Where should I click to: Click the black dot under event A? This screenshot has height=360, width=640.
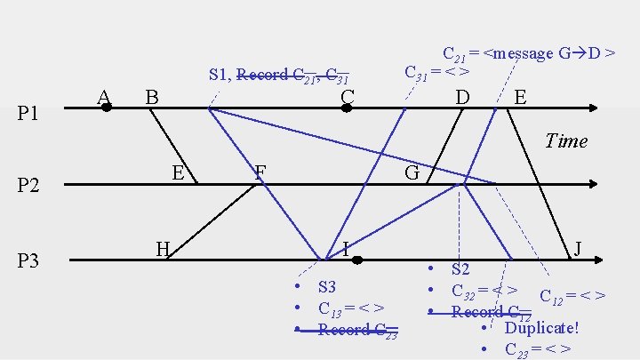click(x=106, y=108)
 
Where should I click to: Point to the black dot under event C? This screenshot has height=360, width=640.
click(x=347, y=108)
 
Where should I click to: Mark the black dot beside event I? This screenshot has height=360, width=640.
click(x=356, y=260)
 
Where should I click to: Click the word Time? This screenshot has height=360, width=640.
click(x=566, y=140)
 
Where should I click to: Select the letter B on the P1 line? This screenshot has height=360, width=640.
click(x=152, y=95)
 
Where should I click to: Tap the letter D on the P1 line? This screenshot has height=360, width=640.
click(x=462, y=95)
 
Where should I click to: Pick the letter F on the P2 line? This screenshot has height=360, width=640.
click(x=260, y=172)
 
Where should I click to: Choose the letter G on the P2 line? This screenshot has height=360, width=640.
click(x=412, y=172)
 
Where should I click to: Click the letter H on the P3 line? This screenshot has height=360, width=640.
click(x=163, y=249)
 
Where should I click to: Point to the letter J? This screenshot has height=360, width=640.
click(x=578, y=249)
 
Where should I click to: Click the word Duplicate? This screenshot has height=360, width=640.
click(x=541, y=327)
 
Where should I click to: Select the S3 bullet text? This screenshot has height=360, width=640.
click(x=326, y=287)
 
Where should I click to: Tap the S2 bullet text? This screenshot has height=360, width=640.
click(x=460, y=268)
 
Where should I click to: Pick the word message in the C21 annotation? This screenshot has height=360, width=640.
click(x=522, y=53)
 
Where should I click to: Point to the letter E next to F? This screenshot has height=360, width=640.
click(x=178, y=172)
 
